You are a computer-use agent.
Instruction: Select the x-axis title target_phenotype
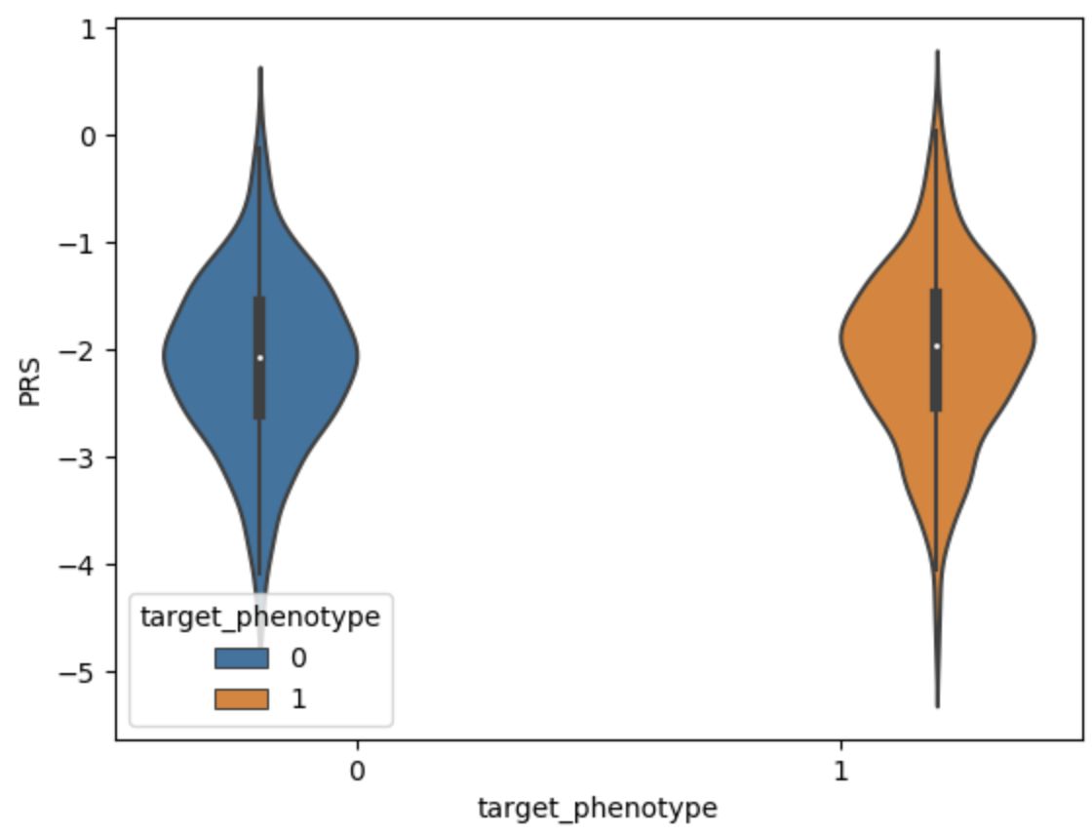coord(597,809)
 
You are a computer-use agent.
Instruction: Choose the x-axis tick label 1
coord(839,771)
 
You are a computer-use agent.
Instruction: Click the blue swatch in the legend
coord(241,658)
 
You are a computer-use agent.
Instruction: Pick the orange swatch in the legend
coord(241,698)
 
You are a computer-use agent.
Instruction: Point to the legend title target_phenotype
coord(260,617)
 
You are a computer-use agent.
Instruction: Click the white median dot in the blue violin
coord(260,357)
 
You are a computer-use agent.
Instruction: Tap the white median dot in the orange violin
coord(936,346)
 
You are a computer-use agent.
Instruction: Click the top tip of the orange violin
coord(937,53)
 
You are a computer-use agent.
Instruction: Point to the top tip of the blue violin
coord(260,69)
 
